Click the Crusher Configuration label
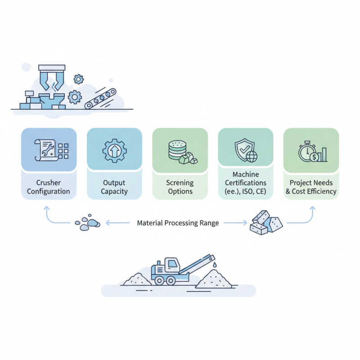(49, 187)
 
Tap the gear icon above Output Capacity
(114, 150)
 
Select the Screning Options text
(180, 187)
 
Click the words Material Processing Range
(178, 223)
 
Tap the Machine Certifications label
(246, 183)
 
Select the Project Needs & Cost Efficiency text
(311, 187)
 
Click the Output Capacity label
(114, 187)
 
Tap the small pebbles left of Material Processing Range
(87, 223)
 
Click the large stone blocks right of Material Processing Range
(266, 221)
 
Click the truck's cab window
(171, 264)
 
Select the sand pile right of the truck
(214, 279)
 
